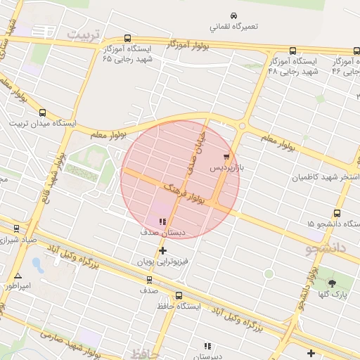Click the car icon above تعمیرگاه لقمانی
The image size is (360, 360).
(233, 15)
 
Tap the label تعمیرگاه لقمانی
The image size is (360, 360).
(233, 27)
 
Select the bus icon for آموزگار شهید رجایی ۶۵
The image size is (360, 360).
(127, 39)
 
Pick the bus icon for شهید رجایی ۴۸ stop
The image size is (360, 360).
(292, 51)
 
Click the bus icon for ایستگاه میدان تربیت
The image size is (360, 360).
(42, 112)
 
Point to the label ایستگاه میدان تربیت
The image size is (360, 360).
(41, 123)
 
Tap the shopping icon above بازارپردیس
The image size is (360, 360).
(226, 157)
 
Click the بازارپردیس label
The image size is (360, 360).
(229, 169)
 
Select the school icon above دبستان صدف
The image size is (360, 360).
(153, 221)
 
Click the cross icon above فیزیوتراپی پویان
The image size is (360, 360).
(163, 250)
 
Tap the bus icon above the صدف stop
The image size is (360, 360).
(148, 279)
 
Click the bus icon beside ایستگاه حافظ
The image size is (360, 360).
(179, 296)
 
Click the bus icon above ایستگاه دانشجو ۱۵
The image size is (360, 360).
(337, 213)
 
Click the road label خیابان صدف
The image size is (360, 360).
(195, 148)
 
